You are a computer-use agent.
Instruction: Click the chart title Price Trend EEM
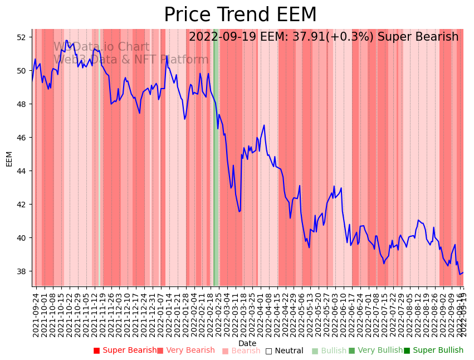click(x=240, y=15)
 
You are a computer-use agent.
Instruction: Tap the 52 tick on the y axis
click(x=21, y=37)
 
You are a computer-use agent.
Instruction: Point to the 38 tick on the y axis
click(x=21, y=271)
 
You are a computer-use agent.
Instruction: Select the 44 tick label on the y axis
click(x=21, y=171)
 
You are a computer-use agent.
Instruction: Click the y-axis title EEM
click(x=9, y=158)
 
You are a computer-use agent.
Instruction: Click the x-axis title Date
click(x=247, y=343)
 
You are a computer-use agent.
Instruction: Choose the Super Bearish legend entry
click(x=125, y=351)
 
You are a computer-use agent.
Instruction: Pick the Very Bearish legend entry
click(x=186, y=351)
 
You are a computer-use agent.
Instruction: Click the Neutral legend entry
click(x=285, y=351)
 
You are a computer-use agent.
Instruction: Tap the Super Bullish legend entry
click(x=434, y=351)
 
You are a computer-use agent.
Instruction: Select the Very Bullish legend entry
click(x=376, y=351)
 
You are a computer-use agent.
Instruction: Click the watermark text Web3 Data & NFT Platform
click(x=131, y=60)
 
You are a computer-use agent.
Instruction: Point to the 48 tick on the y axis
click(x=21, y=104)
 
